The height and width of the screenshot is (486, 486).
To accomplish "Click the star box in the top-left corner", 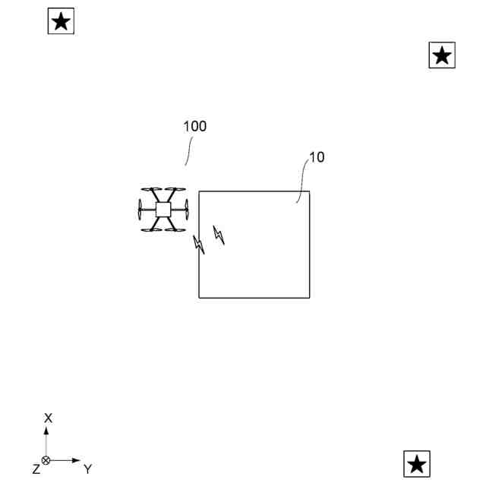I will (61, 21).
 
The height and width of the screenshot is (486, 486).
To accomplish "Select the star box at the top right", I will (442, 55).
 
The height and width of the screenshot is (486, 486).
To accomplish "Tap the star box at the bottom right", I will (417, 463).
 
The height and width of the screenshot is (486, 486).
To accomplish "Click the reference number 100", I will (194, 127).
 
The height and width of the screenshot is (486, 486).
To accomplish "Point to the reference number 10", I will (317, 158).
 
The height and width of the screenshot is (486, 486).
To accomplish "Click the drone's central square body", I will (163, 210).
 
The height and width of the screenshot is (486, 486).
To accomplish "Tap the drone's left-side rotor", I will (140, 210).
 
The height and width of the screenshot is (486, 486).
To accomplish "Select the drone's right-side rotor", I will (185, 210).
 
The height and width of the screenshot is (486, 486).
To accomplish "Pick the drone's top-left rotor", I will (151, 191).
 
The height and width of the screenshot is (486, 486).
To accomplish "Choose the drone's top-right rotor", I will (175, 191).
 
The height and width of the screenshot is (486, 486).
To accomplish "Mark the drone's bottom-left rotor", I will (151, 229).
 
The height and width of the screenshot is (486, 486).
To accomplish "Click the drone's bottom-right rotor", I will (175, 229).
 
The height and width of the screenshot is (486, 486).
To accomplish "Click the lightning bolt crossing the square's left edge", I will (199, 245).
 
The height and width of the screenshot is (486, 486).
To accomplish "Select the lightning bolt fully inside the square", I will (219, 235).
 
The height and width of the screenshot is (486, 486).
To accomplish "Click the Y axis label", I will (87, 469).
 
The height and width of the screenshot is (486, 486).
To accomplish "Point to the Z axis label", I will (36, 469).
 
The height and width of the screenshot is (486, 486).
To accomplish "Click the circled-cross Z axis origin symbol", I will (46, 460).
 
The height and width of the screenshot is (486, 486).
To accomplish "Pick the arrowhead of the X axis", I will (46, 431).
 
